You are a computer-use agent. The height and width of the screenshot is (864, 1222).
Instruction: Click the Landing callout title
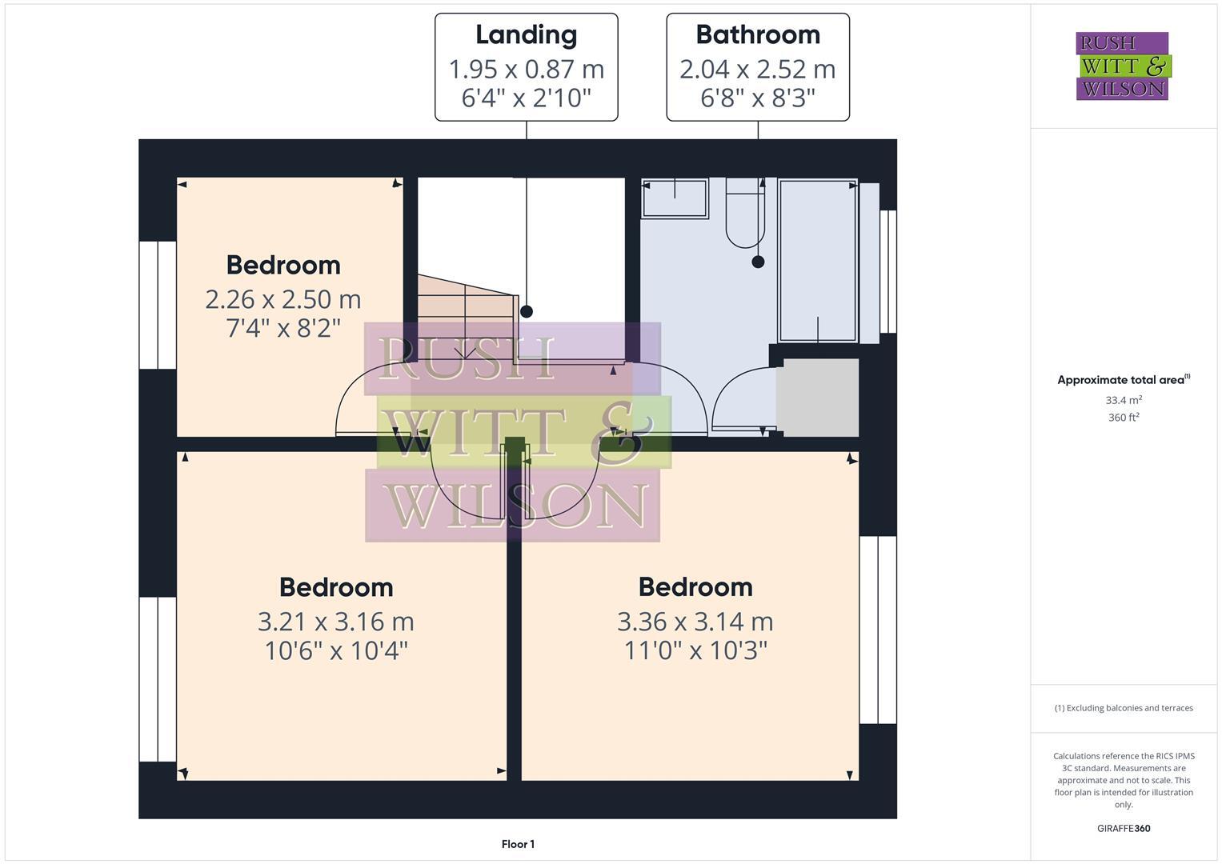point(526,34)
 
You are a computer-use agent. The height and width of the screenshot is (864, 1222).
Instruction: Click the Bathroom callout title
point(757,34)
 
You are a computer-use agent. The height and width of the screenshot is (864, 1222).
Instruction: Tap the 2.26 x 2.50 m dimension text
point(283,299)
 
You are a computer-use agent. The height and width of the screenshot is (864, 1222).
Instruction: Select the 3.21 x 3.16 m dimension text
point(336,622)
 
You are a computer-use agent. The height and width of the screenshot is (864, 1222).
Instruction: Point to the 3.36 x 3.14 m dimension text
point(695,622)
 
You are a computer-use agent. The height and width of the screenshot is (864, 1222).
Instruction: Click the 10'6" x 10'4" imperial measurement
point(336,650)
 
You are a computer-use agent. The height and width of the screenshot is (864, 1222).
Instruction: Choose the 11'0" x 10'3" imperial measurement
point(695,650)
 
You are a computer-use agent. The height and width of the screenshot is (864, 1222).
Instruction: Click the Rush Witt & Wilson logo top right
point(1122,66)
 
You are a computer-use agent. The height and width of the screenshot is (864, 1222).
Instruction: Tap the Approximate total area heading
point(1122,380)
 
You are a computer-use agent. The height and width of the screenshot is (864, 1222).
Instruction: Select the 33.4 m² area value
point(1123,400)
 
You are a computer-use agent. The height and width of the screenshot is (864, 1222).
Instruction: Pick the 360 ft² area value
point(1123,418)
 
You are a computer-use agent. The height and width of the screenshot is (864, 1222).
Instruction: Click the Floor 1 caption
point(518,844)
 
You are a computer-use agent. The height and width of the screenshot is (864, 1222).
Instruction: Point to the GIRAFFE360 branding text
point(1123,829)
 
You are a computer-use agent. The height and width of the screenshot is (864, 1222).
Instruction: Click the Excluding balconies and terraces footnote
point(1123,708)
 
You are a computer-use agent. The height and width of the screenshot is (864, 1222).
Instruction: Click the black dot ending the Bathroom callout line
point(758,262)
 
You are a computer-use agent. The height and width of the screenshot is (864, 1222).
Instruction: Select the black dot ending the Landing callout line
point(527,312)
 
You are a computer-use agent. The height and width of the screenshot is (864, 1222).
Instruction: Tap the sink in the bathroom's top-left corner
point(675,198)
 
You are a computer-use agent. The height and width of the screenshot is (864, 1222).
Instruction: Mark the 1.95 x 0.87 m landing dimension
point(526,70)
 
